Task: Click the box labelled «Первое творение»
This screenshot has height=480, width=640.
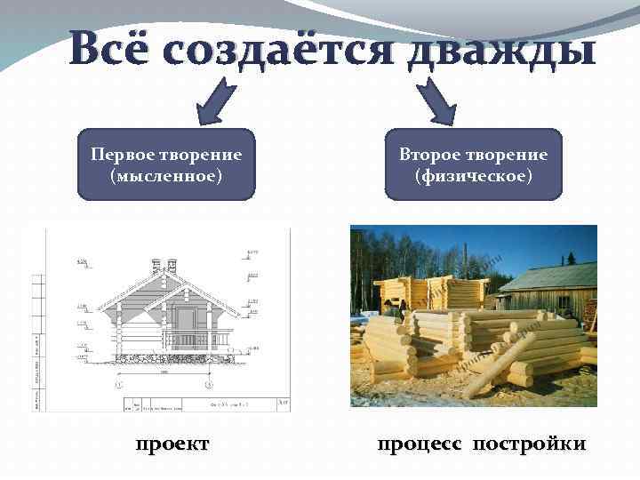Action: (x=166, y=164)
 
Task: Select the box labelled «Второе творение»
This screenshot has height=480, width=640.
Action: (x=474, y=164)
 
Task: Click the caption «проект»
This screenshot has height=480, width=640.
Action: (x=172, y=443)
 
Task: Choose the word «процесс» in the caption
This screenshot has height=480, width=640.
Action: (x=420, y=443)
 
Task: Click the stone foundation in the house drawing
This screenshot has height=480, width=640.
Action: (x=169, y=358)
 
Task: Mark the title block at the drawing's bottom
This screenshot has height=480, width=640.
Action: (x=204, y=405)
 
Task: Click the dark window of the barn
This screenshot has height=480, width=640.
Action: (x=564, y=303)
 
